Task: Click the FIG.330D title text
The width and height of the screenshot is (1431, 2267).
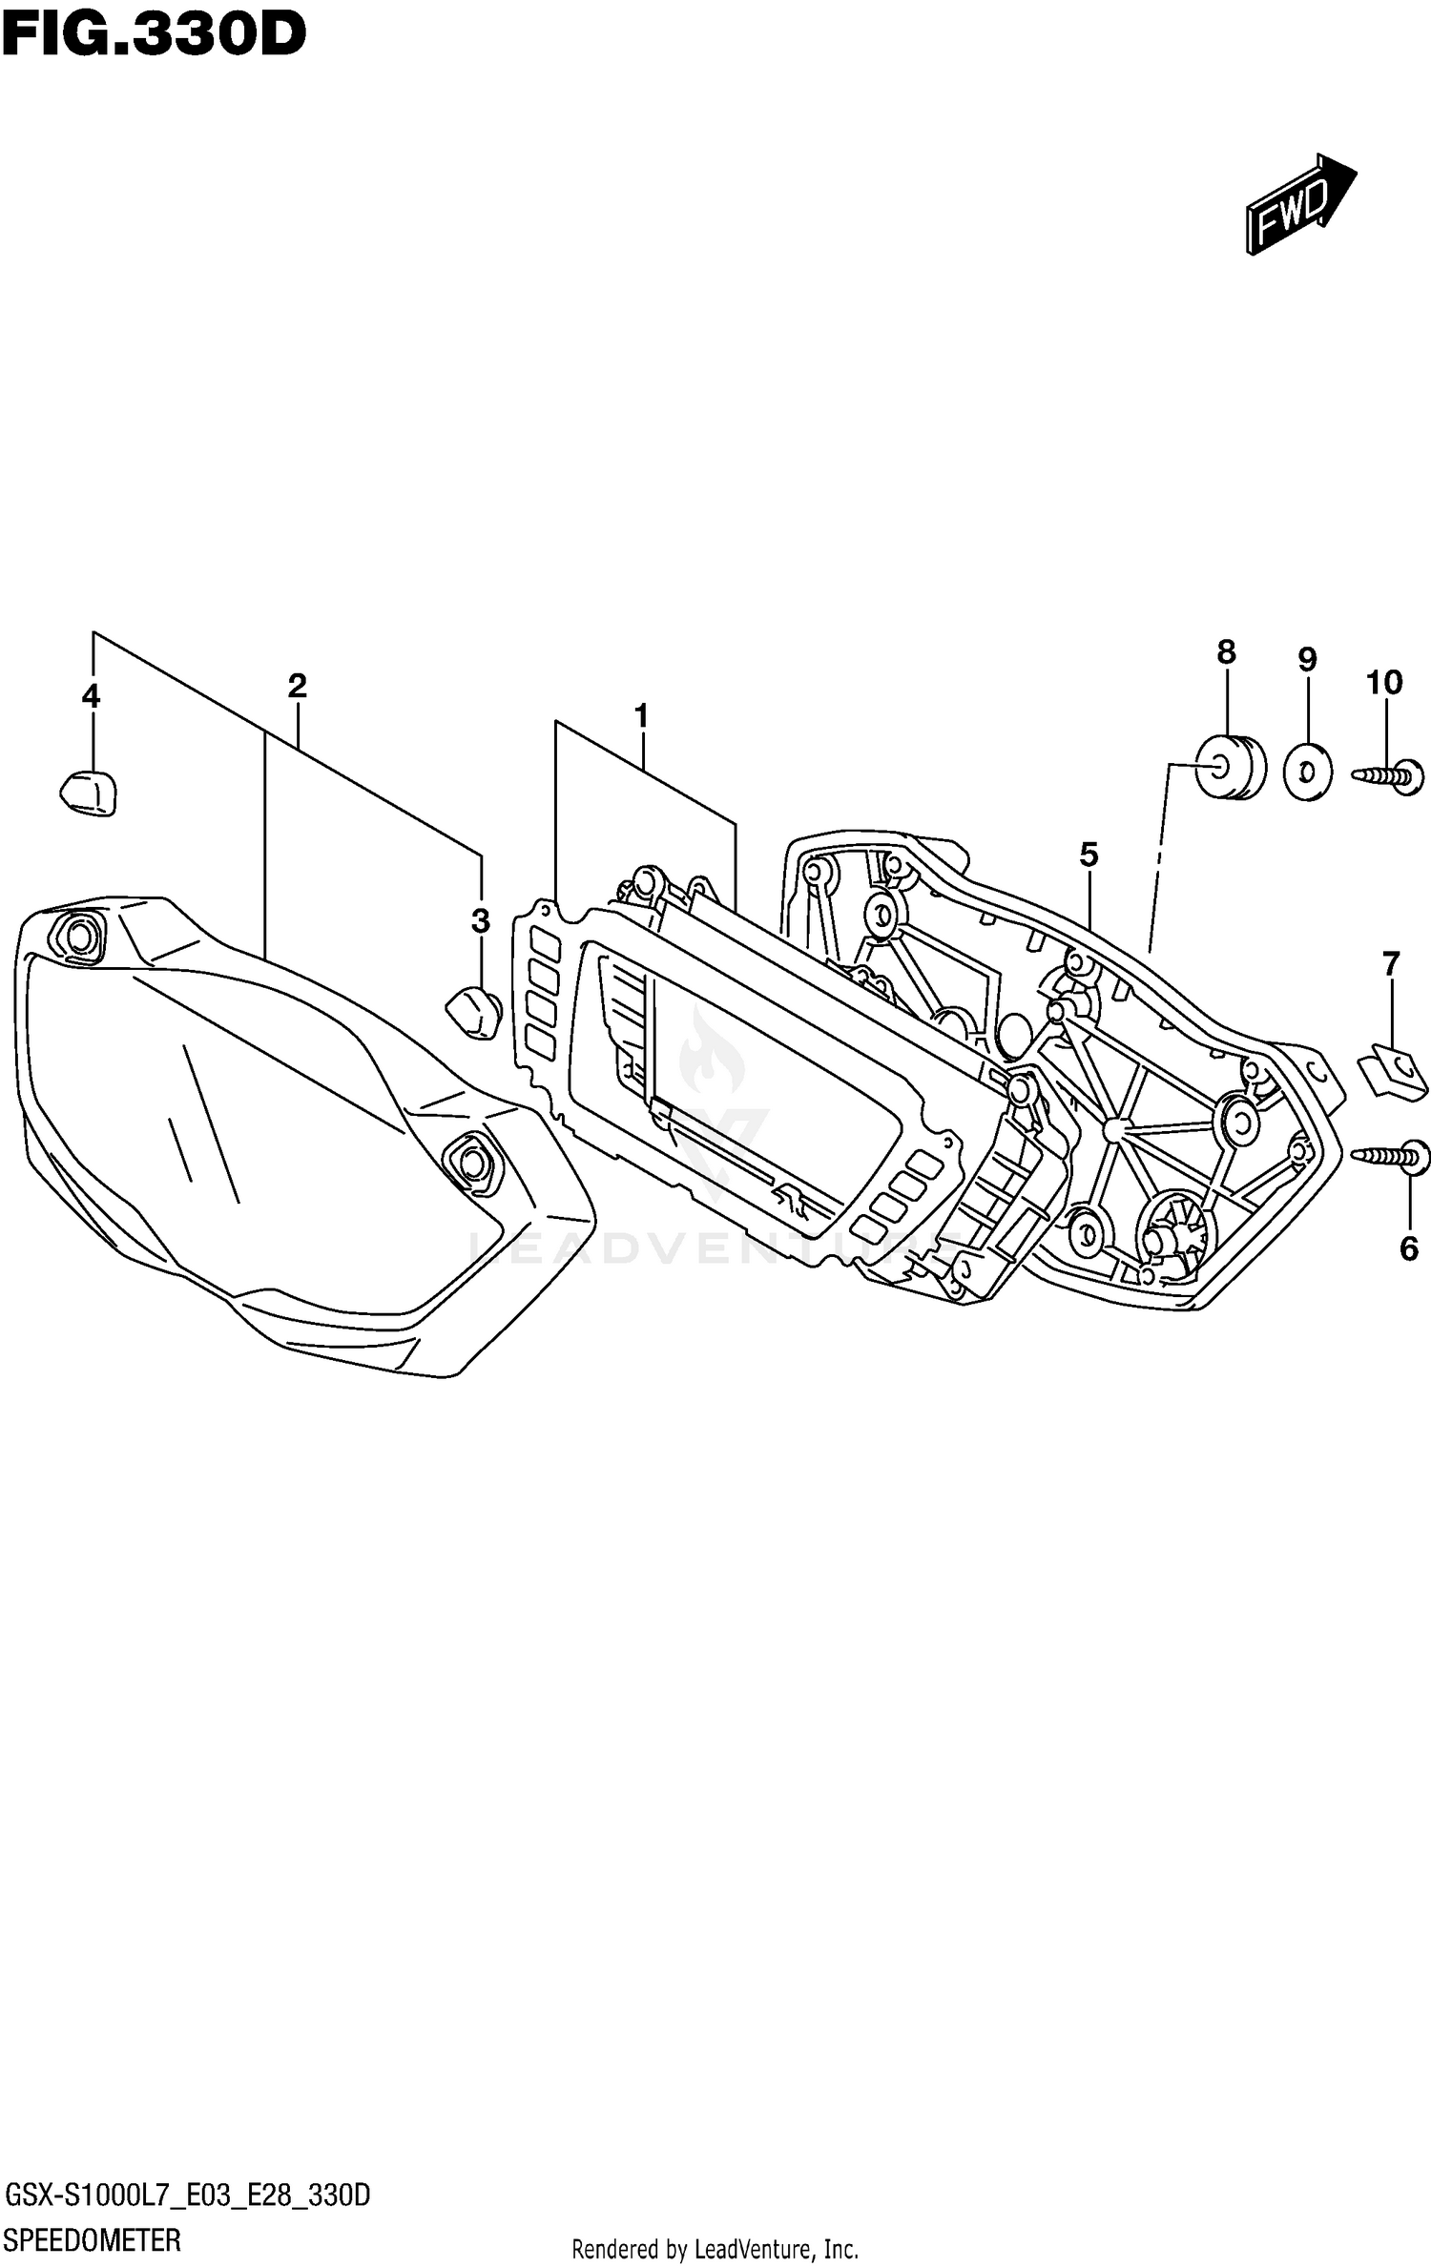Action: point(153,34)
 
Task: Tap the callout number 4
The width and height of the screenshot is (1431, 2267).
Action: point(91,696)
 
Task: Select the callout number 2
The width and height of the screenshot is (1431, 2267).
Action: point(297,686)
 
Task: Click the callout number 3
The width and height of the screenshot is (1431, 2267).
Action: point(481,920)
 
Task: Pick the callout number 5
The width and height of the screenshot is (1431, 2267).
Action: point(1089,855)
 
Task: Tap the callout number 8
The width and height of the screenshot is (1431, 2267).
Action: point(1226,652)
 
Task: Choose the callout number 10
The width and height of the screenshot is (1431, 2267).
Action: point(1384,683)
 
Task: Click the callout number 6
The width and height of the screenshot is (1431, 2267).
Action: point(1409,1248)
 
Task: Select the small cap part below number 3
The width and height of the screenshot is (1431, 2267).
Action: point(474,1013)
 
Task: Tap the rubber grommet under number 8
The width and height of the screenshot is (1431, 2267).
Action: point(1231,766)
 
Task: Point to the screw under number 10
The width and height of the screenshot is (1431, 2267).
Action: point(1389,776)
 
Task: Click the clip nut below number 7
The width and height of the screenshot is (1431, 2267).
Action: point(1392,1072)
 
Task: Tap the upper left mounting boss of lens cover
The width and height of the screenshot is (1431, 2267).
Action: point(78,938)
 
